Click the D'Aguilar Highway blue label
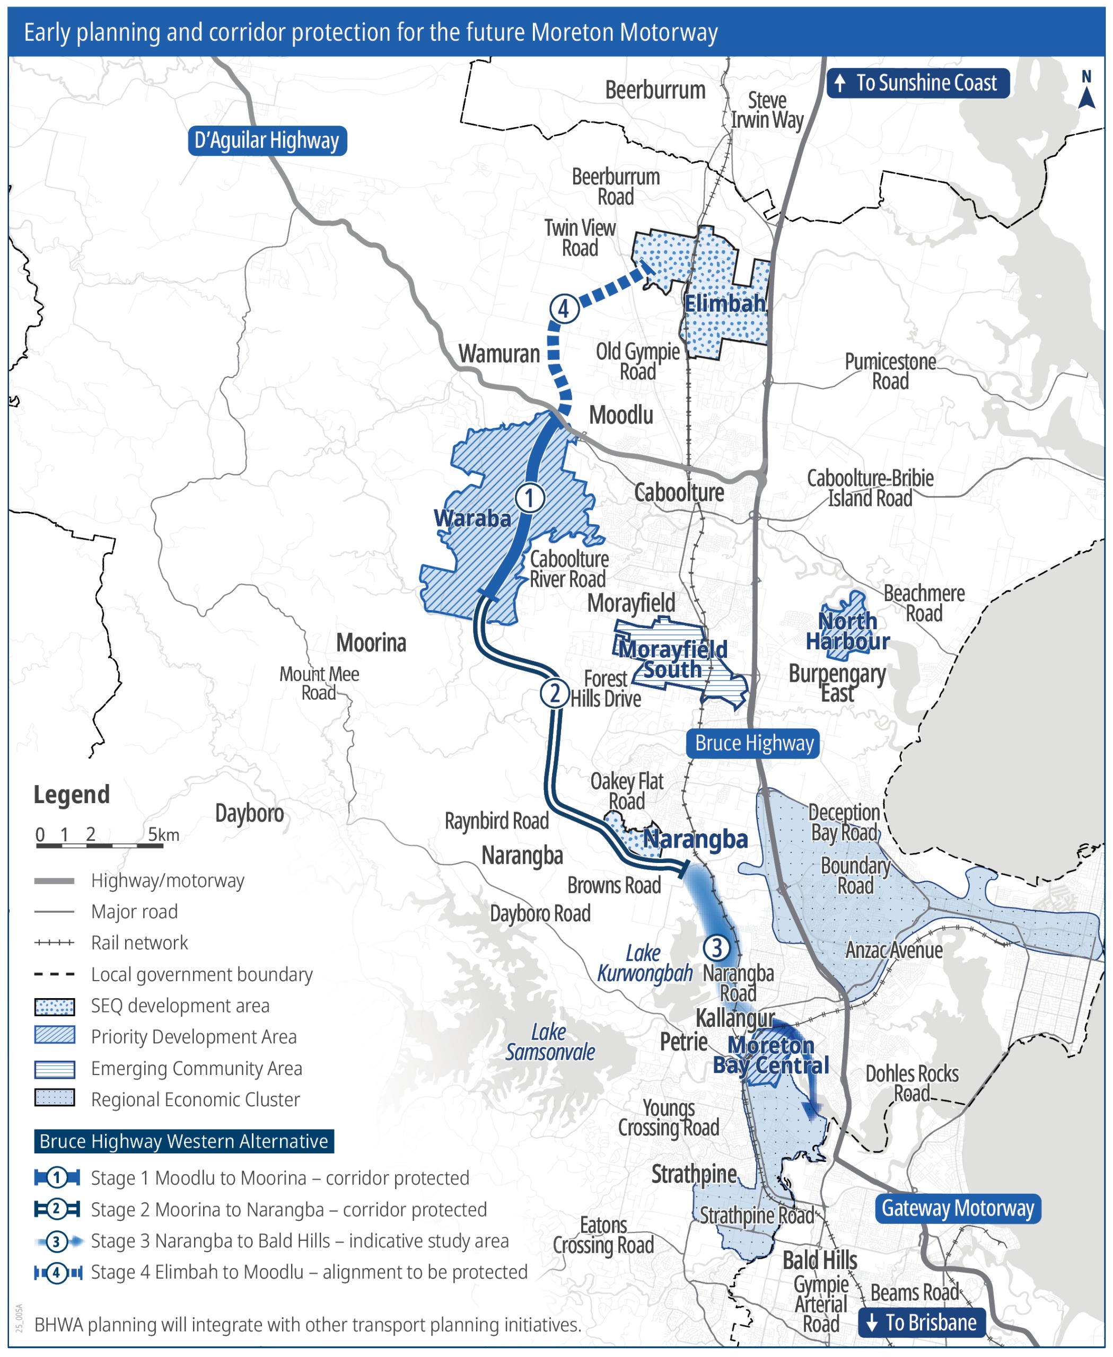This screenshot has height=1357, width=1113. [x=267, y=140]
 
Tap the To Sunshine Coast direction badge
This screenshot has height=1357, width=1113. [x=917, y=83]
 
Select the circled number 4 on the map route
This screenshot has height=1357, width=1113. [x=564, y=309]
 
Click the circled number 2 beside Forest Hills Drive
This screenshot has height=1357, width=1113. [x=555, y=692]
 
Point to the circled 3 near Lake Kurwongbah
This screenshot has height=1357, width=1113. [x=717, y=947]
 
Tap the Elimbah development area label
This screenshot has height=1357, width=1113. [x=724, y=303]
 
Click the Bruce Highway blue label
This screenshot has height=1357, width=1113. [x=753, y=743]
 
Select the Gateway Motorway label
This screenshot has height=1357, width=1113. [x=957, y=1208]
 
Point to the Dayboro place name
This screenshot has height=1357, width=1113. [x=249, y=814]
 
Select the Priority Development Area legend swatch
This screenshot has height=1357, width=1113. [x=55, y=1036]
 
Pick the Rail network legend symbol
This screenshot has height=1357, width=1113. [x=55, y=942]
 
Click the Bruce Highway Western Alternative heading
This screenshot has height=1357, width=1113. [x=183, y=1141]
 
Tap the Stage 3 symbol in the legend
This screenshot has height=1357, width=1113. [x=57, y=1241]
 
